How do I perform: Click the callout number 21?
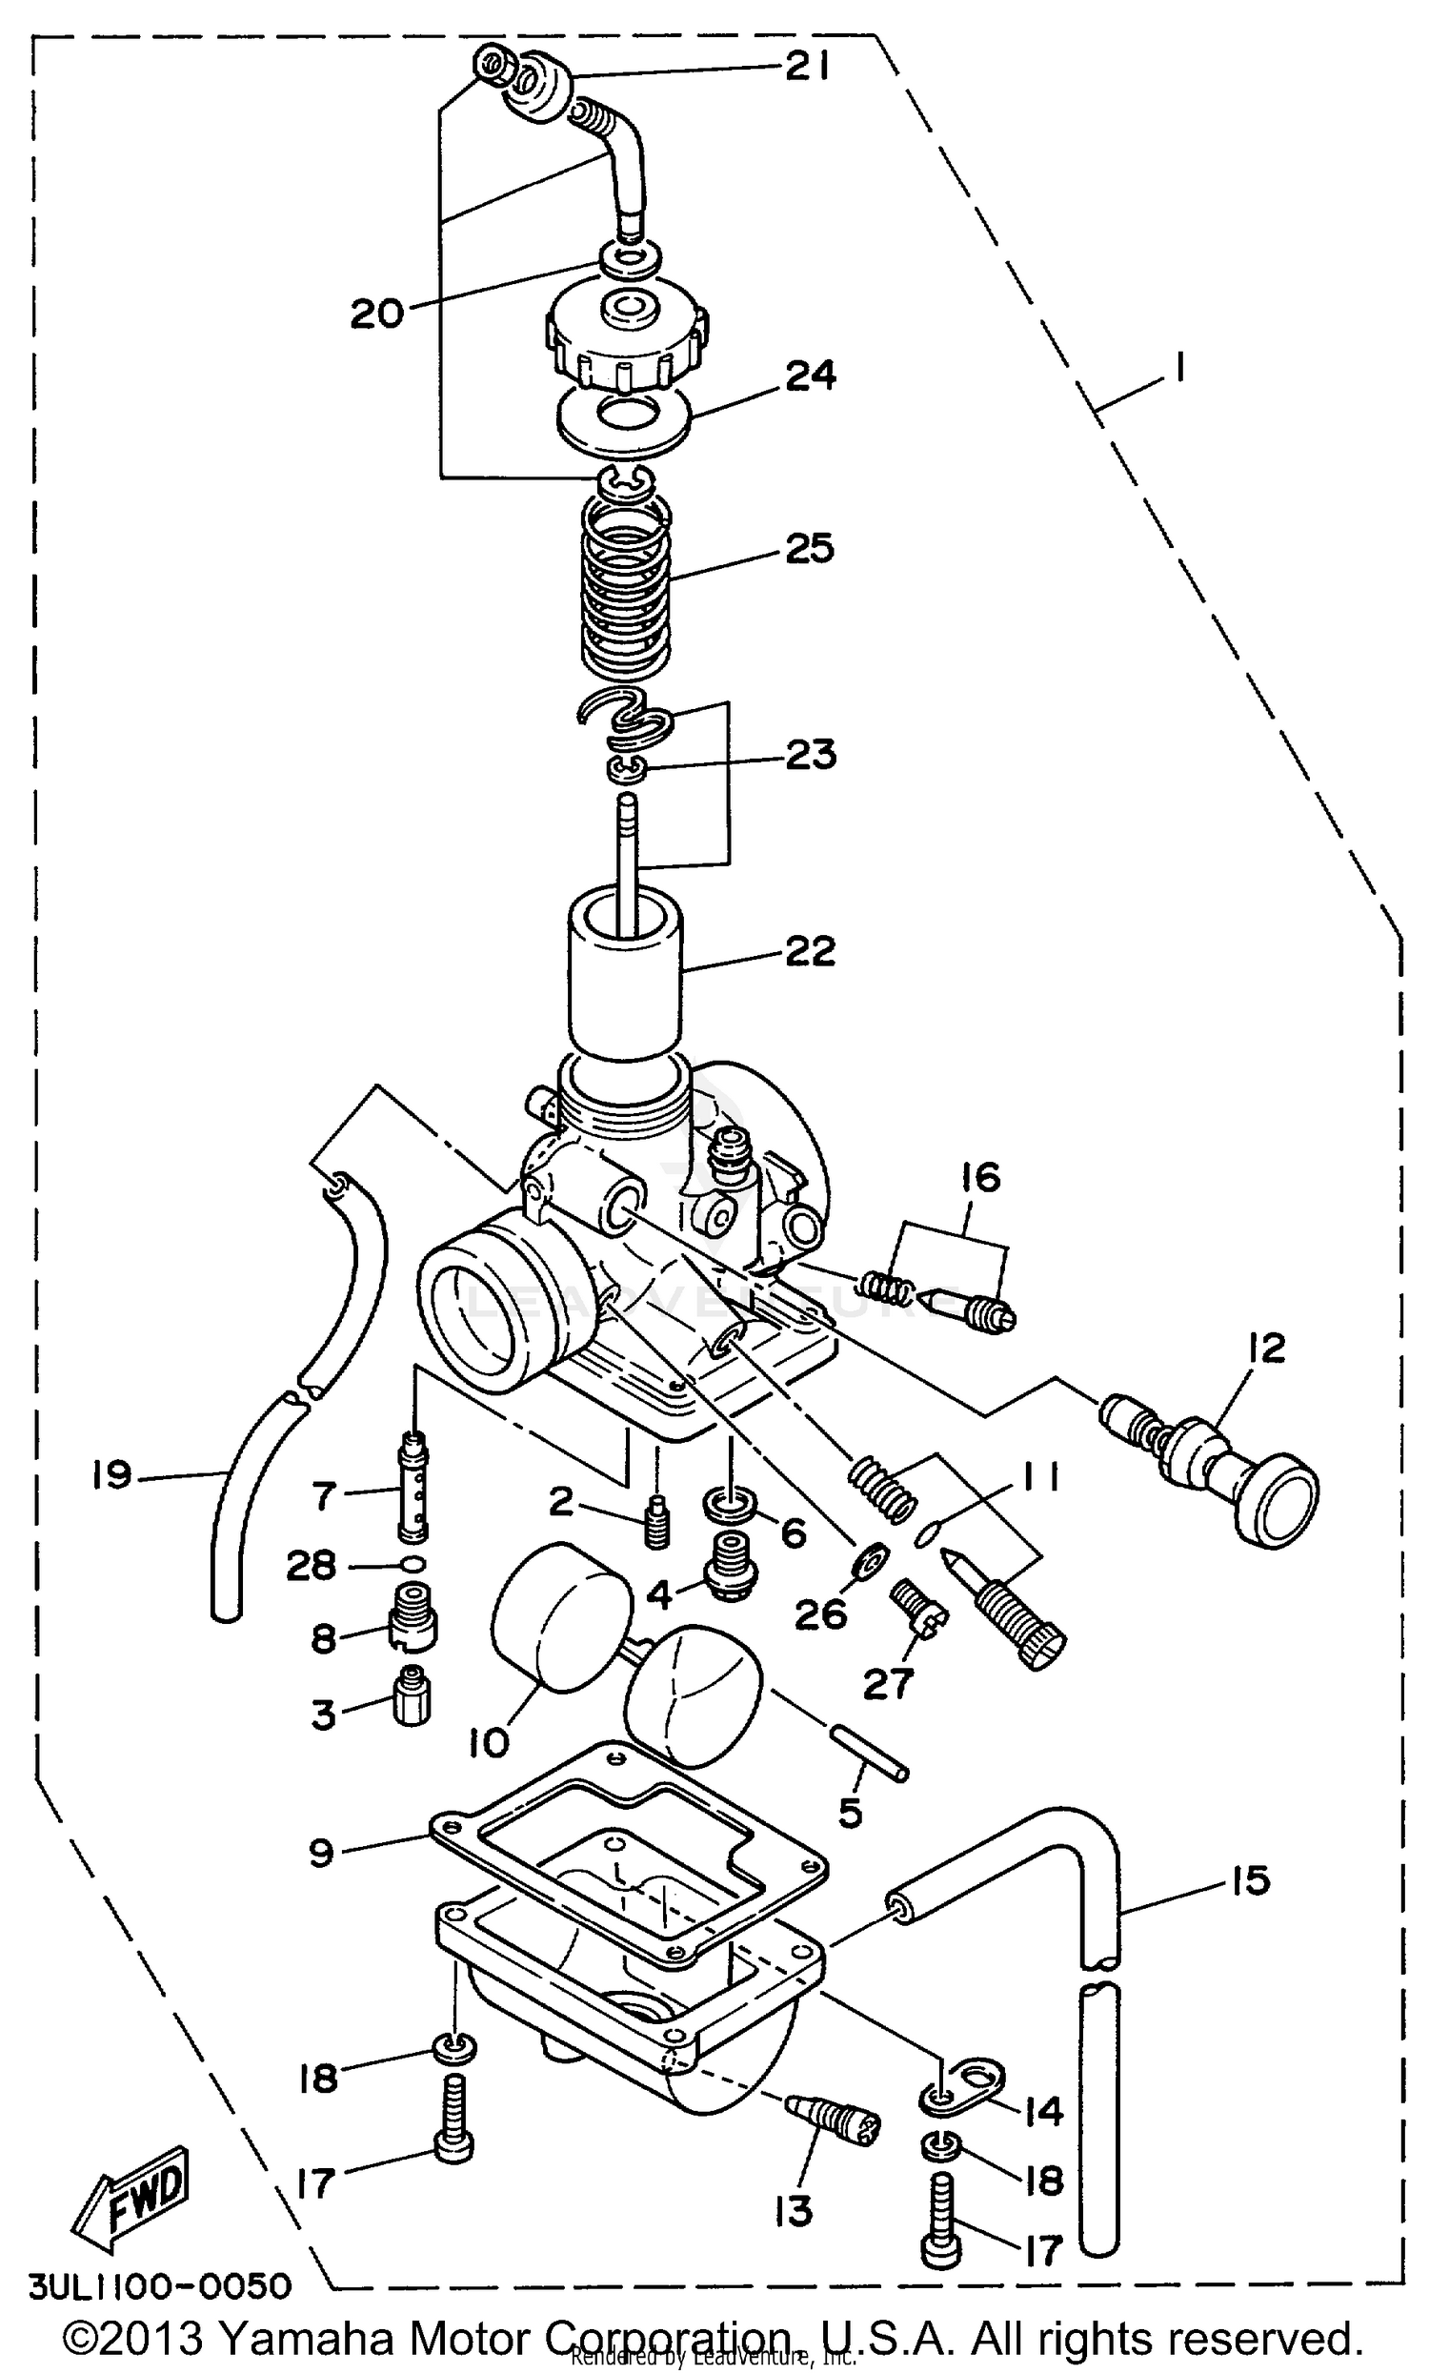pyautogui.click(x=806, y=68)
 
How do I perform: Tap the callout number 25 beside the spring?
pyautogui.click(x=809, y=549)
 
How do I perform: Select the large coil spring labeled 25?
pyautogui.click(x=626, y=587)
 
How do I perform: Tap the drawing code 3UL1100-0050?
pyautogui.click(x=160, y=2286)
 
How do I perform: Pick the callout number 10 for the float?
pyautogui.click(x=488, y=1741)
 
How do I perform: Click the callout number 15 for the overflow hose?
pyautogui.click(x=1250, y=1880)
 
